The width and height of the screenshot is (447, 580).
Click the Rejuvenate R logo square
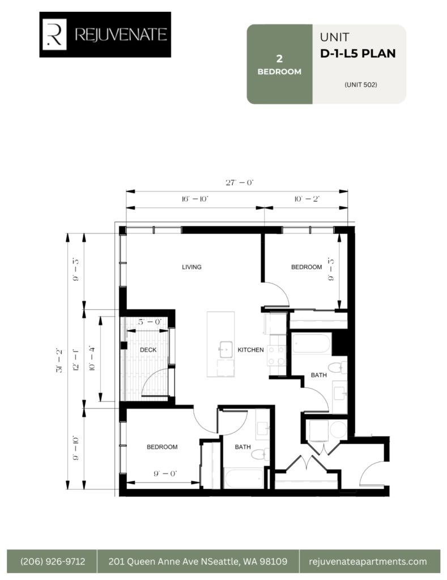point(54,35)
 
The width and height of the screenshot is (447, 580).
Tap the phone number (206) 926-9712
point(53,561)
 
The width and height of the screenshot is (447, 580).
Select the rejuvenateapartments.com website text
point(368,561)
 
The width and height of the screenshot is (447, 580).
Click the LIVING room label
point(191,267)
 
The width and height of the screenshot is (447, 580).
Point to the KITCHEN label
point(250,350)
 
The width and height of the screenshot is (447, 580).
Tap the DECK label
point(148,350)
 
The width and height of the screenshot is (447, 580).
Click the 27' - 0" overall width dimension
point(240,183)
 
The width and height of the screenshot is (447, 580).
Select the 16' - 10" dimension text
point(195,199)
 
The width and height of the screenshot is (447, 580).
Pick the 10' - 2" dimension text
point(306,199)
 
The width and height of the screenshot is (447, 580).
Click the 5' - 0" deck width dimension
point(150,322)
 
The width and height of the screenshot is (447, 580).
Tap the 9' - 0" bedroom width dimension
point(165,474)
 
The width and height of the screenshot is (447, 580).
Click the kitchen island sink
point(225,349)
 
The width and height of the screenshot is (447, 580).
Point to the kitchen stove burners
point(277,355)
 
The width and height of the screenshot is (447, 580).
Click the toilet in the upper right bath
point(338,367)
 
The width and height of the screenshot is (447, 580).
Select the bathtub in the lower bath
point(244,478)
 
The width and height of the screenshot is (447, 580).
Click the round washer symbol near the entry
point(338,430)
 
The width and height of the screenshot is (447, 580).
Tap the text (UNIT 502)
point(361,85)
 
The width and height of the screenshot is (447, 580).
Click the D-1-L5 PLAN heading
point(358,54)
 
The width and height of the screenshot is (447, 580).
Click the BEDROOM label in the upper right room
point(306,267)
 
